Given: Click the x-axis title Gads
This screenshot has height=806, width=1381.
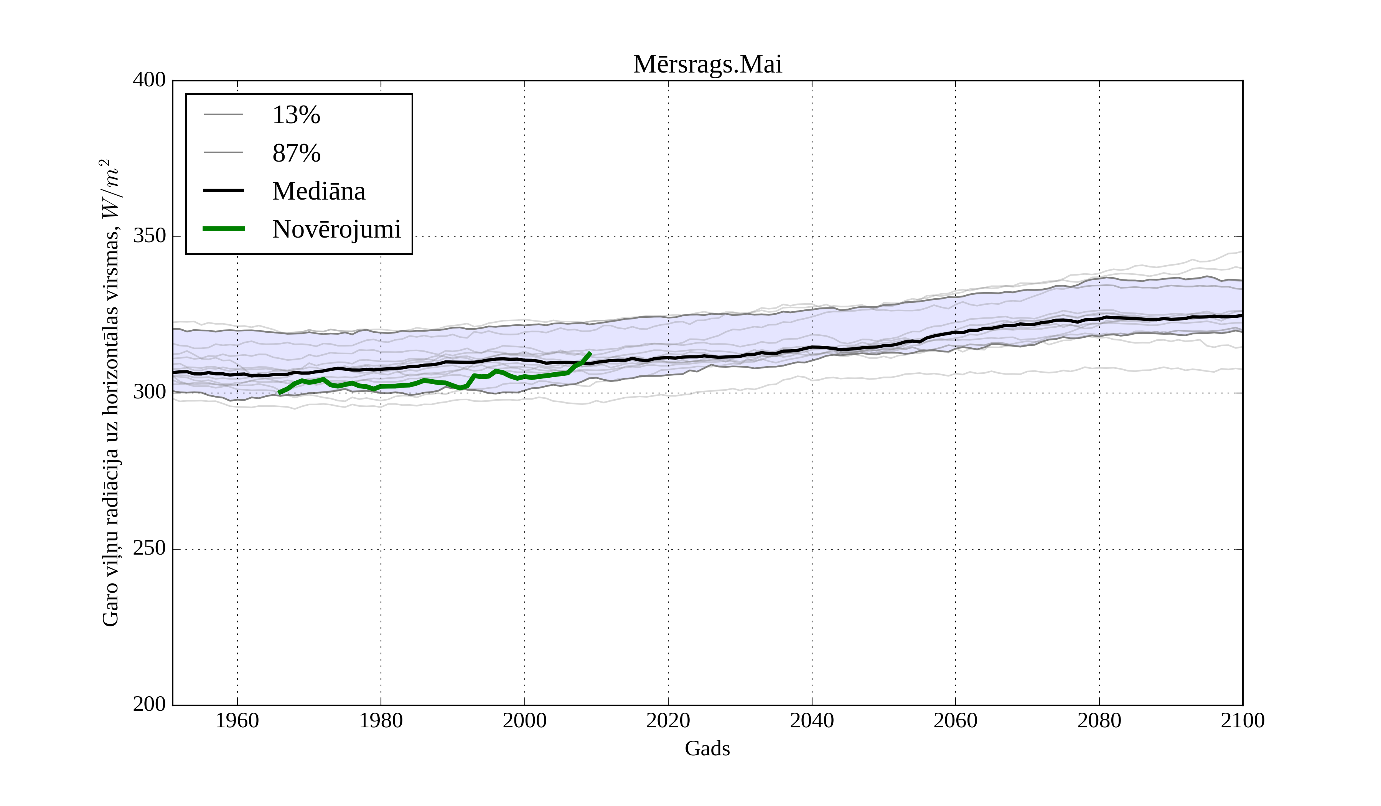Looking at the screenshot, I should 707,748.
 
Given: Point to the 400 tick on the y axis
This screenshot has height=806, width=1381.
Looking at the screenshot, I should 149,80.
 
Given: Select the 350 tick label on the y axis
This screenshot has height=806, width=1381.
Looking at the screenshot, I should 149,236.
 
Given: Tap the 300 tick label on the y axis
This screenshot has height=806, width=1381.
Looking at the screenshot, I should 149,393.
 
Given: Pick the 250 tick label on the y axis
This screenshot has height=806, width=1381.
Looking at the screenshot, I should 149,548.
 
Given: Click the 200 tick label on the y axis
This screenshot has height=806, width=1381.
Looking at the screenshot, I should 149,705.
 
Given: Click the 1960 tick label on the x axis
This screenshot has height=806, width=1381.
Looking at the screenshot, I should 237,720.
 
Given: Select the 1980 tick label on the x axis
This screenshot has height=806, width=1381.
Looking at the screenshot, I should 381,720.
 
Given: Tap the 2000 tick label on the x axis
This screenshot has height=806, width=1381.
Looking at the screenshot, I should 524,720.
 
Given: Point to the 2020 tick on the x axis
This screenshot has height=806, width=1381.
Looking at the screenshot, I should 668,720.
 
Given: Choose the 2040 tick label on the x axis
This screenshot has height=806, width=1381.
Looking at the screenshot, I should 812,720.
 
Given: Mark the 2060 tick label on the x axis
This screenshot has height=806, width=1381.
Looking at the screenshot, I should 955,720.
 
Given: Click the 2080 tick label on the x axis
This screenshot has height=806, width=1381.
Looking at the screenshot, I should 1099,720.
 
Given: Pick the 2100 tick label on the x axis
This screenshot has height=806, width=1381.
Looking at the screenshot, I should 1243,720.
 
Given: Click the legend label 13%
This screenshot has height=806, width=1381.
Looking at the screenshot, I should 296,115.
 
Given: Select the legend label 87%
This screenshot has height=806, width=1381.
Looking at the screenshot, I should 296,153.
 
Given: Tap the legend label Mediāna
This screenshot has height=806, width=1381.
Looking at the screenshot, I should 318,192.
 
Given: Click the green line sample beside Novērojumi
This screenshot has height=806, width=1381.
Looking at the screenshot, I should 224,229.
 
